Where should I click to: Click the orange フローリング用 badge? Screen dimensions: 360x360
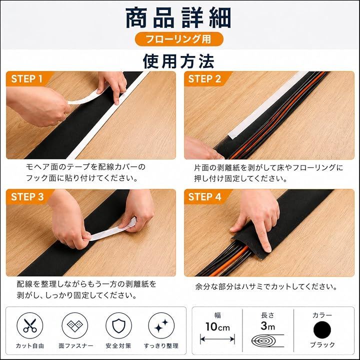coord(179,39)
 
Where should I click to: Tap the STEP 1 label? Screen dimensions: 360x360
coord(27,79)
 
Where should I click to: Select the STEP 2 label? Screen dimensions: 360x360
coord(204,79)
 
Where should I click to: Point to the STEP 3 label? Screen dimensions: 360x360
coord(27,197)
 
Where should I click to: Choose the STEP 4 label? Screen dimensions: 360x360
coord(204,197)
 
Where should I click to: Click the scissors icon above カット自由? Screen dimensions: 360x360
coord(30,325)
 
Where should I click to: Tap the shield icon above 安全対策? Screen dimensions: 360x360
coord(118,325)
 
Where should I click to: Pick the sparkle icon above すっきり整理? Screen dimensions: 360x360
coord(161,325)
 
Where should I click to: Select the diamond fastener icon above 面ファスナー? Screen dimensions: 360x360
coord(75,325)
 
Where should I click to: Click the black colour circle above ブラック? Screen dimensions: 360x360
coord(322,329)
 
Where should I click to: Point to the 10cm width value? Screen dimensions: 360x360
coord(217,326)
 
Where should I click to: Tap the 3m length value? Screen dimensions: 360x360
coord(267,325)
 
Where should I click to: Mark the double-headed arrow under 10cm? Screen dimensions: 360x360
coord(217,339)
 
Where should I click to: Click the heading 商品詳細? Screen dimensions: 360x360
coord(178,18)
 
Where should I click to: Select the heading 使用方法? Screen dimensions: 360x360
coord(178,61)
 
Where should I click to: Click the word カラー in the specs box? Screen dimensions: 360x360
coord(322,315)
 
